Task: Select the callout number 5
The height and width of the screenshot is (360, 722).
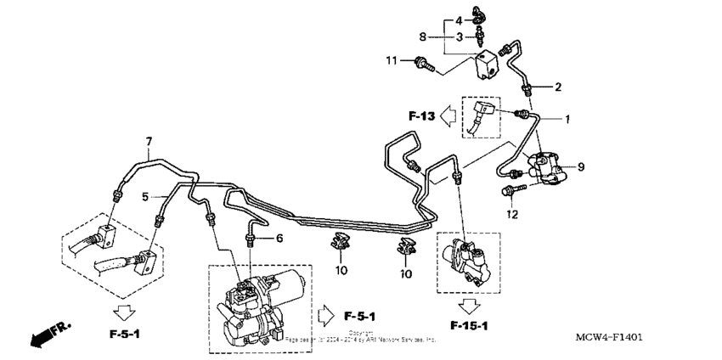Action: click(x=145, y=196)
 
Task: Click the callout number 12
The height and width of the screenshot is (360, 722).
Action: click(x=511, y=214)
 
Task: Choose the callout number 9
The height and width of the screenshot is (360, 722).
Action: click(x=581, y=166)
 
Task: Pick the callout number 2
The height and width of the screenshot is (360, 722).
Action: click(x=558, y=87)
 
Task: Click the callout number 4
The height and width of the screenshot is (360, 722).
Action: click(x=458, y=20)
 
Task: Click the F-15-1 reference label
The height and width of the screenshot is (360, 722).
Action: click(x=469, y=326)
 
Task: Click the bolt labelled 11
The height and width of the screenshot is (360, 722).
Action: click(x=422, y=62)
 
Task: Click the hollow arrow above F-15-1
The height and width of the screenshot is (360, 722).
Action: click(x=469, y=306)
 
